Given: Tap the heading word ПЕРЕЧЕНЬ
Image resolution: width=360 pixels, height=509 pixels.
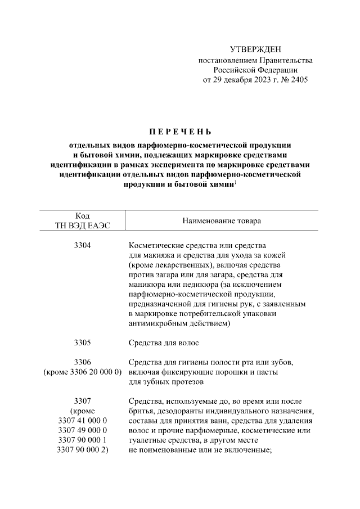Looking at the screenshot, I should click(x=179, y=133).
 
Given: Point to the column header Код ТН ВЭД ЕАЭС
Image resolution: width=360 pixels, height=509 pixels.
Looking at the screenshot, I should click(x=82, y=221).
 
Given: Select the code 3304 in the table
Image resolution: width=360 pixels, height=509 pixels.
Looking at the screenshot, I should click(x=82, y=246).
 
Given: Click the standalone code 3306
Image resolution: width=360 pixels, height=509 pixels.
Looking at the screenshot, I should click(x=82, y=362).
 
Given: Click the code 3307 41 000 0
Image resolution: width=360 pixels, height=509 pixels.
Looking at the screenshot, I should click(x=82, y=421).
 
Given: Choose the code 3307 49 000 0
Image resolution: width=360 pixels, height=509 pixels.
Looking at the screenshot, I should click(x=82, y=431).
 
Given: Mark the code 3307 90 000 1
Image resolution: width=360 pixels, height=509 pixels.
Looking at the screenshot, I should click(x=82, y=441).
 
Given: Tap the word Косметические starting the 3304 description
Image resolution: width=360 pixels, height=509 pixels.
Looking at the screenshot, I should click(x=156, y=246).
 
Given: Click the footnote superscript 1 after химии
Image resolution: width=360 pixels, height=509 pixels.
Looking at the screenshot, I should click(x=235, y=182).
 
